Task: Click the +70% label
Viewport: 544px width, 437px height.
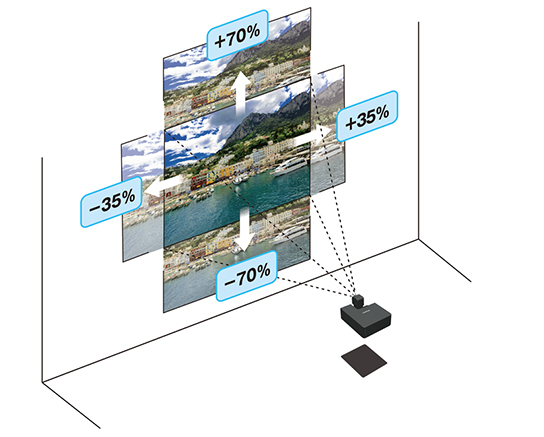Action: point(238,35)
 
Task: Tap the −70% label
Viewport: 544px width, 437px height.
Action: point(247,275)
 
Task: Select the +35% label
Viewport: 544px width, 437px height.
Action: point(367,116)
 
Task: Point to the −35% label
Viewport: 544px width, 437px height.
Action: point(112,202)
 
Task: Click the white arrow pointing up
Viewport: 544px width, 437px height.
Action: point(241,94)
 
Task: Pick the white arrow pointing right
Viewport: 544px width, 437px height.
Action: point(313,136)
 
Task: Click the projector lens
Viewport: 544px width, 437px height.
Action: point(358,300)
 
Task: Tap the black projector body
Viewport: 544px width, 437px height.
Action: point(366,318)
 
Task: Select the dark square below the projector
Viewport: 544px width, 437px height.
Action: point(364,361)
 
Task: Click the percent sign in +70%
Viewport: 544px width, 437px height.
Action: point(252,32)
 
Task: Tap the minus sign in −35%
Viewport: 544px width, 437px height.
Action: point(95,208)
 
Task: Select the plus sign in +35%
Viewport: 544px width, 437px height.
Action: point(351,122)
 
